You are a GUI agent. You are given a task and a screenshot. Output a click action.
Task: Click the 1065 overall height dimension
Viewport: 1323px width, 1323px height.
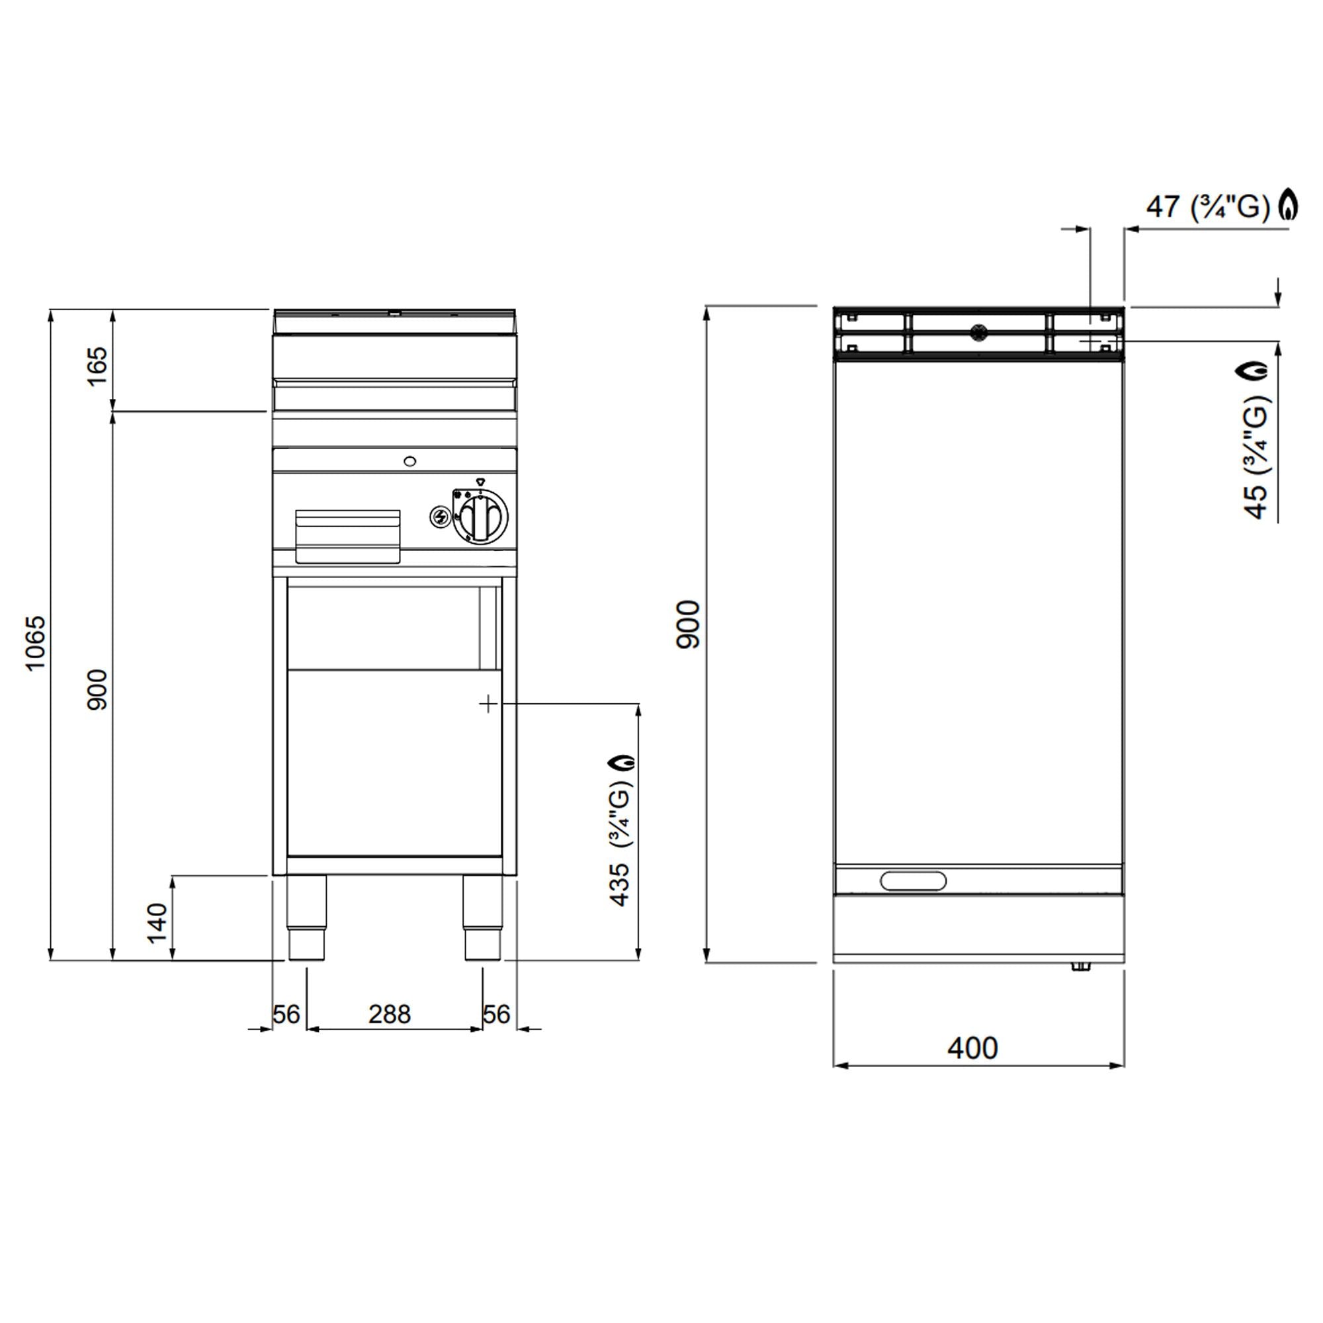[35, 642]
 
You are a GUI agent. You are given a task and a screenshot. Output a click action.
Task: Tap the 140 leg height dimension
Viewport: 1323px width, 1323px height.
[157, 922]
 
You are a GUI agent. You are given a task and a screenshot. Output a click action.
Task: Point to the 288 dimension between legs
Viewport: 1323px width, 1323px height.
[389, 1014]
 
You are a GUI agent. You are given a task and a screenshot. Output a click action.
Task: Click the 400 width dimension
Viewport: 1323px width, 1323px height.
[972, 1048]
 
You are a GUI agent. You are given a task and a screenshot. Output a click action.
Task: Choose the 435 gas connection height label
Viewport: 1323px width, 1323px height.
[620, 884]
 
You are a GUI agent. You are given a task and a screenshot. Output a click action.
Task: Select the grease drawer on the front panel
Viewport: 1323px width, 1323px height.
[347, 536]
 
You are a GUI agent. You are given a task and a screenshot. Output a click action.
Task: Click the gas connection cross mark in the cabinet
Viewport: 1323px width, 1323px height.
[488, 703]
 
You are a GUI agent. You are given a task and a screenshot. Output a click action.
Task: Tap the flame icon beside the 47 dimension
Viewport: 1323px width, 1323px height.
[1289, 204]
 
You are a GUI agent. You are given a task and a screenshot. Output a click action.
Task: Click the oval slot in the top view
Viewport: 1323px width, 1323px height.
[913, 880]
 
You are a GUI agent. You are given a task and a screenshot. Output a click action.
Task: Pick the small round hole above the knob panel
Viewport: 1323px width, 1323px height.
[409, 461]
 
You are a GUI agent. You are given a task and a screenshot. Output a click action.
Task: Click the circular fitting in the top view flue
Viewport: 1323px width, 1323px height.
[978, 333]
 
